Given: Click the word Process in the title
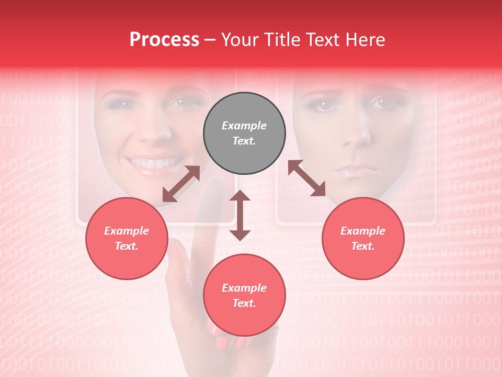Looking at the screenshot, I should pos(164,40).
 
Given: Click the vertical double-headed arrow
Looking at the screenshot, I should pos(240,215).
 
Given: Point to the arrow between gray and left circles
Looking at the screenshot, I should pos(181,184).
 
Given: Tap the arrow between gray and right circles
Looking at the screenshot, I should pos(307,178).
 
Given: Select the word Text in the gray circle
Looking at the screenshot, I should pos(244,141).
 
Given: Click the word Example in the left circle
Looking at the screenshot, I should pos(127,231).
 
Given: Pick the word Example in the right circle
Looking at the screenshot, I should pos(363,231).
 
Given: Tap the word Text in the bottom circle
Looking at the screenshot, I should pos(244,303).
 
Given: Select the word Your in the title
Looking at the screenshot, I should pos(238,40).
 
